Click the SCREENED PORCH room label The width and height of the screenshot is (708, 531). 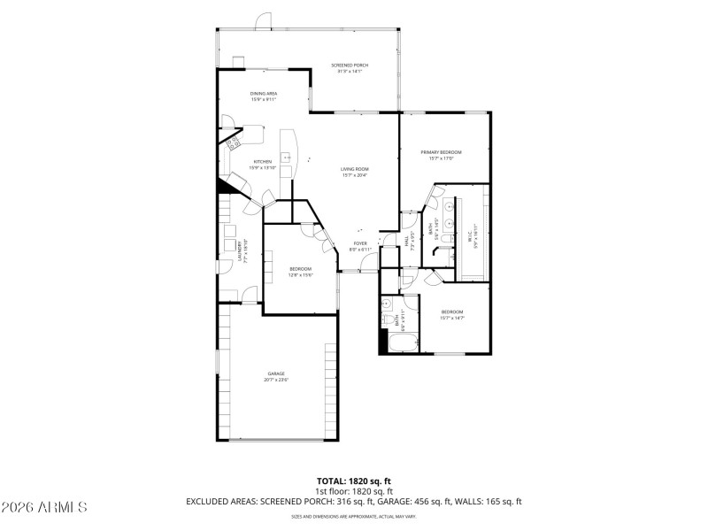click(350, 65)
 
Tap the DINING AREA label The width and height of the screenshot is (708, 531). click(263, 94)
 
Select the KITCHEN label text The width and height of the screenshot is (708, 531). click(263, 162)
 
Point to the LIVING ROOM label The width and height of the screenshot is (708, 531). click(355, 169)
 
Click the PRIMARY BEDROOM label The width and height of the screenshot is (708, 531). click(441, 152)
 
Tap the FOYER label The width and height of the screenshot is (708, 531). click(360, 242)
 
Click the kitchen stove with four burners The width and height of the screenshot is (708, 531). click(234, 142)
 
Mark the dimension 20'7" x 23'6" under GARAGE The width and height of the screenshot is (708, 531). click(275, 380)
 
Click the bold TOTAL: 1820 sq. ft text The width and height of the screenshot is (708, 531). click(354, 481)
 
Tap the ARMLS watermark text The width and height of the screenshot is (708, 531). click(44, 507)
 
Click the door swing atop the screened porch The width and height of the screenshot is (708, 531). click(264, 19)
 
